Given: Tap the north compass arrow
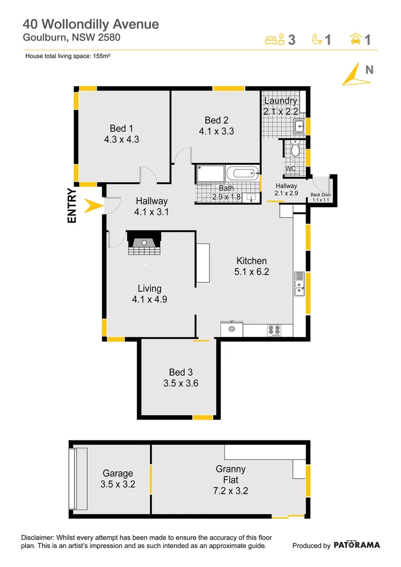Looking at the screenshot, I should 353,75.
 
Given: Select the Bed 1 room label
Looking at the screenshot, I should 121,129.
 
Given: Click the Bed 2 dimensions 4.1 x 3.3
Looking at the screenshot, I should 216,131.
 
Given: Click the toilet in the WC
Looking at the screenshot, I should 295,150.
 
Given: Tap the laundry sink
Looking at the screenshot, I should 299,126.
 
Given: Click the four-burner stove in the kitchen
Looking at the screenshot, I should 274,330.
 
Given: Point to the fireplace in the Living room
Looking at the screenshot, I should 144,243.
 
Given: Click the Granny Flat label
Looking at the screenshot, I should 230,474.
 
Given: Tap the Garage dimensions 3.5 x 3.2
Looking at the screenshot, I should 118,485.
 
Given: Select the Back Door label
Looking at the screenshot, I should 320,195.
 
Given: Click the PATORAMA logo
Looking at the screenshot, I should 356,545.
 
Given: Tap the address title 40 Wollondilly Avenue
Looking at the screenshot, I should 90,24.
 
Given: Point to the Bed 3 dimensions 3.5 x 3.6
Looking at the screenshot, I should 181,383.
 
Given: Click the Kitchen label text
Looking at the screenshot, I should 251,261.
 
